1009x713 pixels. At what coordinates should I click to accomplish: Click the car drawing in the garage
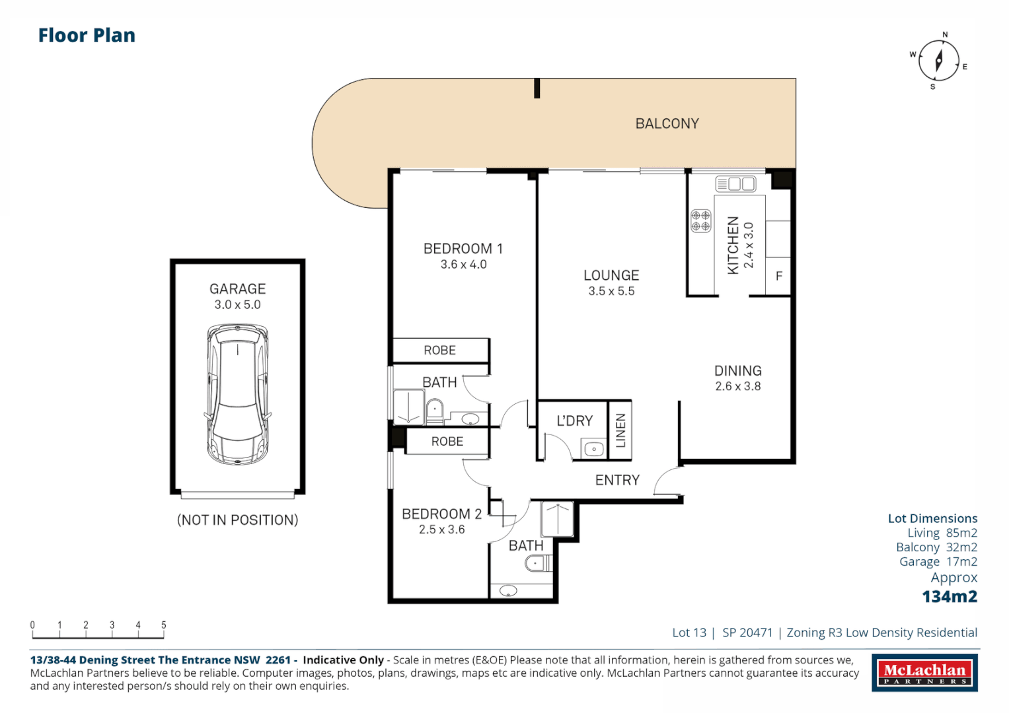click(237, 394)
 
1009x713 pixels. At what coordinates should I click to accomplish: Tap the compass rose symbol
click(938, 61)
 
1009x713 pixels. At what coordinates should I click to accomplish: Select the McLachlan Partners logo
click(924, 673)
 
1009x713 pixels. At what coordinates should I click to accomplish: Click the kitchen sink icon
click(735, 184)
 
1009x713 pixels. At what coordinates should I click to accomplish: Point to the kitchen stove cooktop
click(700, 221)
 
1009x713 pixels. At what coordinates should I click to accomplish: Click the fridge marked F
click(778, 276)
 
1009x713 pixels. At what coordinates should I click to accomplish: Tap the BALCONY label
click(667, 123)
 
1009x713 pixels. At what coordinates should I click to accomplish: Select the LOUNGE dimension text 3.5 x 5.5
click(611, 291)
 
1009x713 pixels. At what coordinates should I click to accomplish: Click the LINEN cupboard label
click(620, 430)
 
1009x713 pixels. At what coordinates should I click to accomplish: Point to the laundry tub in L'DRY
click(593, 450)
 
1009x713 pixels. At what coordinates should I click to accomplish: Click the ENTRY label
click(617, 480)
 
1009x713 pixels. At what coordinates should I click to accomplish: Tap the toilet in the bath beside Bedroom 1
click(435, 410)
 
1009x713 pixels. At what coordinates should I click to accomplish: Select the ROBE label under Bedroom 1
click(439, 350)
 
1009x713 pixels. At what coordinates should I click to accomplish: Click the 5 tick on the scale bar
click(163, 625)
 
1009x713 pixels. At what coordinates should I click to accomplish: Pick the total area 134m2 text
click(949, 596)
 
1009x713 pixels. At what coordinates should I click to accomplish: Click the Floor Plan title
click(87, 35)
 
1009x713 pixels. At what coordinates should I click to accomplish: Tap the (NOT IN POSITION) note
click(237, 520)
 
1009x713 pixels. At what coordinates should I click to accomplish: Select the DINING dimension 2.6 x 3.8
click(737, 386)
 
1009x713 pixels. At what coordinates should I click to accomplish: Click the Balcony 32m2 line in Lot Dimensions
click(936, 547)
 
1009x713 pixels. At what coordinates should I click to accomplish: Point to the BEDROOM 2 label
click(441, 514)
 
